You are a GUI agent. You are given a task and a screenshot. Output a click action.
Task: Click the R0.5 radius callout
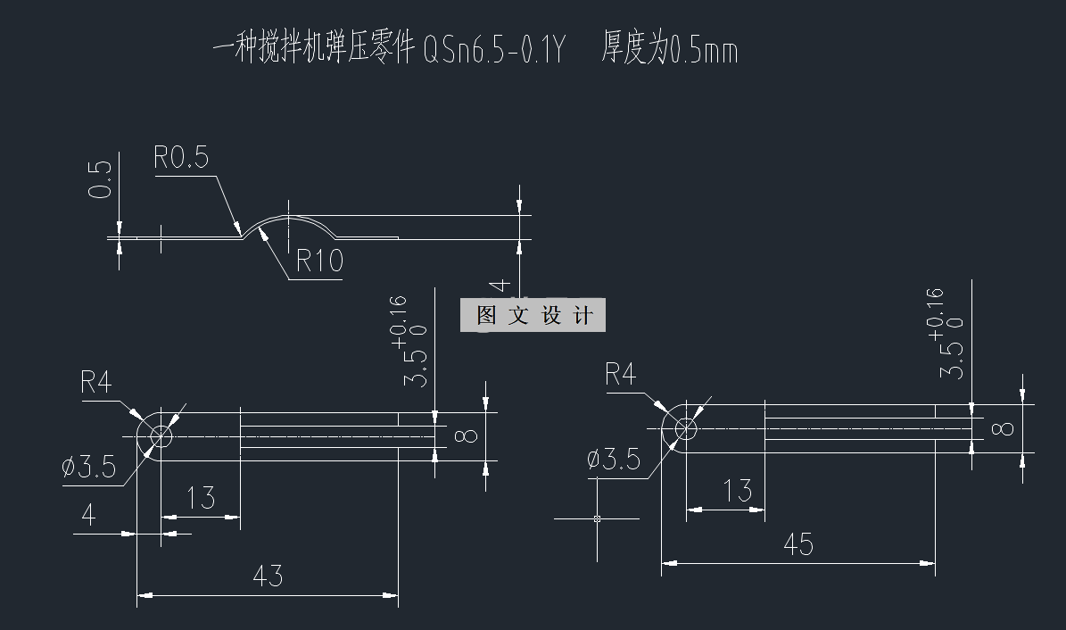(x=181, y=159)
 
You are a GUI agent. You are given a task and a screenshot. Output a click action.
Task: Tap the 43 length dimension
(x=268, y=576)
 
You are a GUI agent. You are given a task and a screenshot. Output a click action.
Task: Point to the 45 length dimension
(x=797, y=543)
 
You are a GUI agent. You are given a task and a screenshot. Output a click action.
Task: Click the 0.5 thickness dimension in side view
(x=103, y=179)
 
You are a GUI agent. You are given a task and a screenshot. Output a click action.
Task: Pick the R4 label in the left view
(x=96, y=383)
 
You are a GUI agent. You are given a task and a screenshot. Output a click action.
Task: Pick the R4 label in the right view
(x=621, y=374)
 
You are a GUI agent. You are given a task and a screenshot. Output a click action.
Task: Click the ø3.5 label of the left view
(x=89, y=467)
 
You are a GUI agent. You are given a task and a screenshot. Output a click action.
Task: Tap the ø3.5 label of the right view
(x=614, y=459)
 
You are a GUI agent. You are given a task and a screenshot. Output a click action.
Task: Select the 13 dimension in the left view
(x=202, y=497)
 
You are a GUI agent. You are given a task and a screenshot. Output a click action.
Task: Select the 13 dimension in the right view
(x=736, y=490)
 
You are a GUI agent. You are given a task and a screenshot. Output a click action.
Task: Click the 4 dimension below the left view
(x=88, y=516)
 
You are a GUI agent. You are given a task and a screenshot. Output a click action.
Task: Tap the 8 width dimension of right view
(x=1004, y=428)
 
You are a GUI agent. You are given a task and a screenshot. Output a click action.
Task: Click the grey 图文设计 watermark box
(x=533, y=315)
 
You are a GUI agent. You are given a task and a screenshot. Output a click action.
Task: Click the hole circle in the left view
(x=161, y=436)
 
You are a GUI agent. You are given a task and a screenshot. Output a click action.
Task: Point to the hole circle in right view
(x=686, y=429)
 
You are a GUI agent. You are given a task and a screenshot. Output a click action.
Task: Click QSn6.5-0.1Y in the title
(x=492, y=51)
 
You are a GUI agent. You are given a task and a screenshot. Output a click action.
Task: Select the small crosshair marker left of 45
(x=597, y=518)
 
